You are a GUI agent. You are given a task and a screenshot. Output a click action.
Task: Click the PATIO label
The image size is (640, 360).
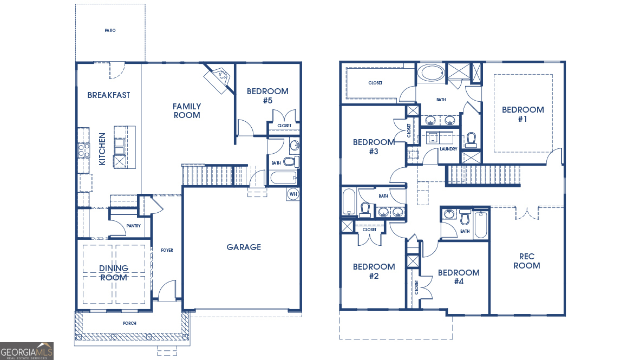click(x=110, y=30)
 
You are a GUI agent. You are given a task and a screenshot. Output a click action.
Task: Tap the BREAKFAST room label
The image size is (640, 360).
click(x=109, y=95)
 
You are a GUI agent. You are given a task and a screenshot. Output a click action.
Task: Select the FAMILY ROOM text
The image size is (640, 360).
click(x=187, y=110)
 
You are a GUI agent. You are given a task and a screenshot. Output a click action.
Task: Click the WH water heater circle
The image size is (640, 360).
click(x=293, y=194)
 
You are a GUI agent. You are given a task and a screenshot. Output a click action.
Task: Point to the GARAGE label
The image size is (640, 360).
click(x=244, y=247)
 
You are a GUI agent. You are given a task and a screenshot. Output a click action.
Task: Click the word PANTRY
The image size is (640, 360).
click(x=133, y=226)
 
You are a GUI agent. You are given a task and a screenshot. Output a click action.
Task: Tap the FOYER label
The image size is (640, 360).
click(x=167, y=250)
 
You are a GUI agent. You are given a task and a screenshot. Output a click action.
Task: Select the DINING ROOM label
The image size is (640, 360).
click(x=114, y=273)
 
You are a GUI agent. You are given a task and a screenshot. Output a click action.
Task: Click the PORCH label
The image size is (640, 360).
click(x=129, y=323)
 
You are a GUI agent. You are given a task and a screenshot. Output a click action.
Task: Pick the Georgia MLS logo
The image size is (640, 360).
click(x=27, y=351)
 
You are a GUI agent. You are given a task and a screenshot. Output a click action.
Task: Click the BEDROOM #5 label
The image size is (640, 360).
click(x=267, y=96)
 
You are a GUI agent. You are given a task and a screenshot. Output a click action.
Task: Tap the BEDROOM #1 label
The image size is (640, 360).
click(x=523, y=114)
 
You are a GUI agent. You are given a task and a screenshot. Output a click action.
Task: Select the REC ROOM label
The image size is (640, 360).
click(x=526, y=261)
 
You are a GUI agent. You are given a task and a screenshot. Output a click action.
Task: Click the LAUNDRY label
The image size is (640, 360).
click(x=448, y=149)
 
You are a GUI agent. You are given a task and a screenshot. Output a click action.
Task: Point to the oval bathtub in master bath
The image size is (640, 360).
click(x=431, y=73)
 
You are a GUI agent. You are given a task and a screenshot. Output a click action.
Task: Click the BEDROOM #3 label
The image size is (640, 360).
click(x=374, y=147)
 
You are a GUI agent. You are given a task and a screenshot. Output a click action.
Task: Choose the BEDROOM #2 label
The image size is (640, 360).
click(x=374, y=271)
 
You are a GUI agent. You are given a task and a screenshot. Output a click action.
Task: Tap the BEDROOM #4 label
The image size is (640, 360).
click(x=459, y=277)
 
